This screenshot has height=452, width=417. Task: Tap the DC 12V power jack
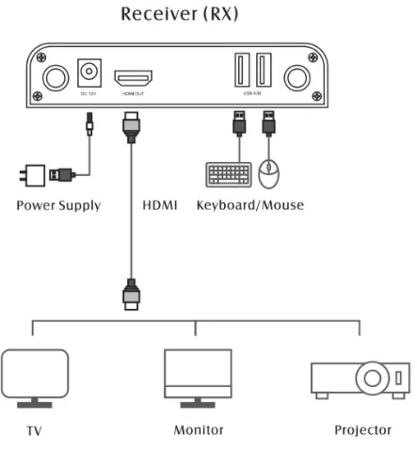88,75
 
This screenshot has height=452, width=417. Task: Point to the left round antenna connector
55,79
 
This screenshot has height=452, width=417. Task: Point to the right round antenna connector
296,79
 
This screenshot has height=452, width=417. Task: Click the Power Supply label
58,205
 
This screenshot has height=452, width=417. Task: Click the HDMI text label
160,205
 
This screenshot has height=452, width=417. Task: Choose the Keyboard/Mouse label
250,205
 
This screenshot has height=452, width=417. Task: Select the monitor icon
197,376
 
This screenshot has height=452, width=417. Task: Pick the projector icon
360,380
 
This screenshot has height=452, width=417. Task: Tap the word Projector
363,430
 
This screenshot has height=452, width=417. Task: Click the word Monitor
198,430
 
